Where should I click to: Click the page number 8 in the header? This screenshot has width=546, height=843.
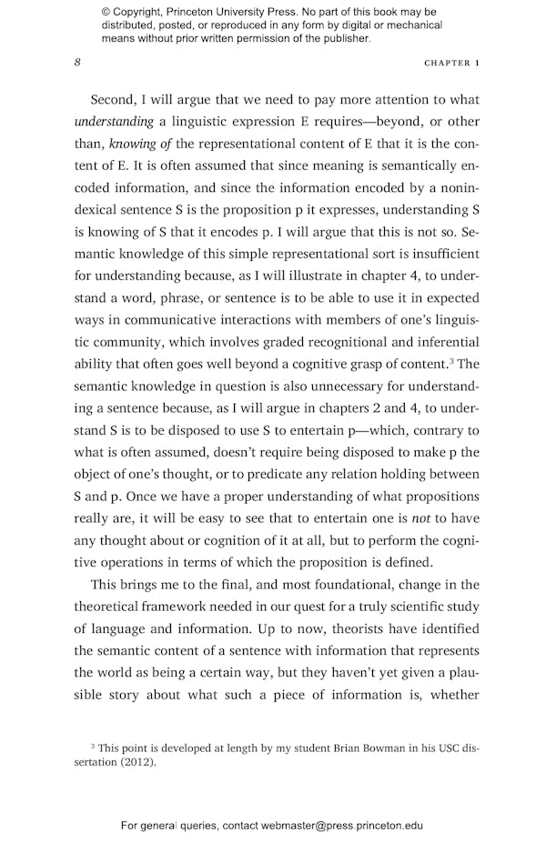(77, 63)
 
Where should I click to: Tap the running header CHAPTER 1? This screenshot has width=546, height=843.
(452, 64)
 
